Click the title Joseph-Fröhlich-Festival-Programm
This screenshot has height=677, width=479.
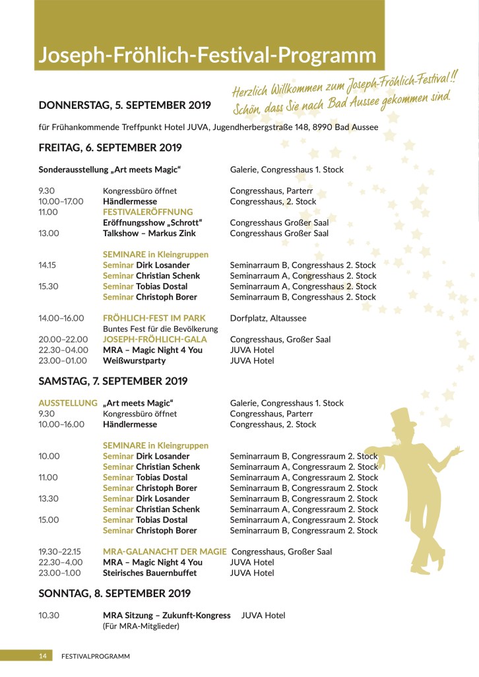point(207,55)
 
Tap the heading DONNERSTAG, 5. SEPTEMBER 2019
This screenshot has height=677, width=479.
point(125,105)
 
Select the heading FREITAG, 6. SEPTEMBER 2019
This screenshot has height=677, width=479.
point(110,148)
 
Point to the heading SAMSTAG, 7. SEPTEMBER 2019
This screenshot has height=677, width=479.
point(113,381)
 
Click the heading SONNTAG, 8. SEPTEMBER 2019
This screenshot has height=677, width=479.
point(114,593)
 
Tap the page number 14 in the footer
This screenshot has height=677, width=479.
point(42,656)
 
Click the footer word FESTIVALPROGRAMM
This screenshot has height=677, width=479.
point(95,656)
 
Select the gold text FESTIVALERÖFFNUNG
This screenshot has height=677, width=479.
point(148,212)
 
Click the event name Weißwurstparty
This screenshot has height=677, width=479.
point(135,361)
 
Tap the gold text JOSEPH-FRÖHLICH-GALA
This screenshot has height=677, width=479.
point(155,340)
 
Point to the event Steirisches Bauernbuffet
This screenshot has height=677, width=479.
point(150,573)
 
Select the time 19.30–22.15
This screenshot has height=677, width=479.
point(62,552)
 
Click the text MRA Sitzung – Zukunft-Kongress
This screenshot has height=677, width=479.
point(166,615)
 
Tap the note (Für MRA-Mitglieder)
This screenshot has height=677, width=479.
point(141,626)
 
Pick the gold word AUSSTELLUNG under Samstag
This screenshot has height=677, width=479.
point(69,403)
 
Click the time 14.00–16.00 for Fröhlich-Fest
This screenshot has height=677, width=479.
point(61,318)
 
